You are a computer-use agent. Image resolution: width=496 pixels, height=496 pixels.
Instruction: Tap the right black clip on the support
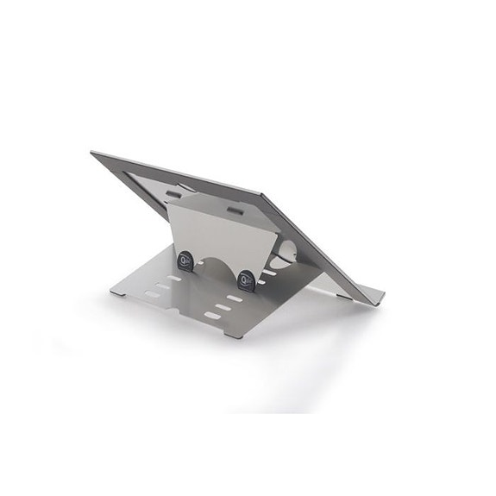point(246,279)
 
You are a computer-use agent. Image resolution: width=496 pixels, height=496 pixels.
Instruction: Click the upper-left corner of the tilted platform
point(92,154)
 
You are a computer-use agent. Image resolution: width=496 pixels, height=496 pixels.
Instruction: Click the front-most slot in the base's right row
point(212,317)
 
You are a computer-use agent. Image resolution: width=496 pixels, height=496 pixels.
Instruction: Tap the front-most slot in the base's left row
point(154,295)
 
